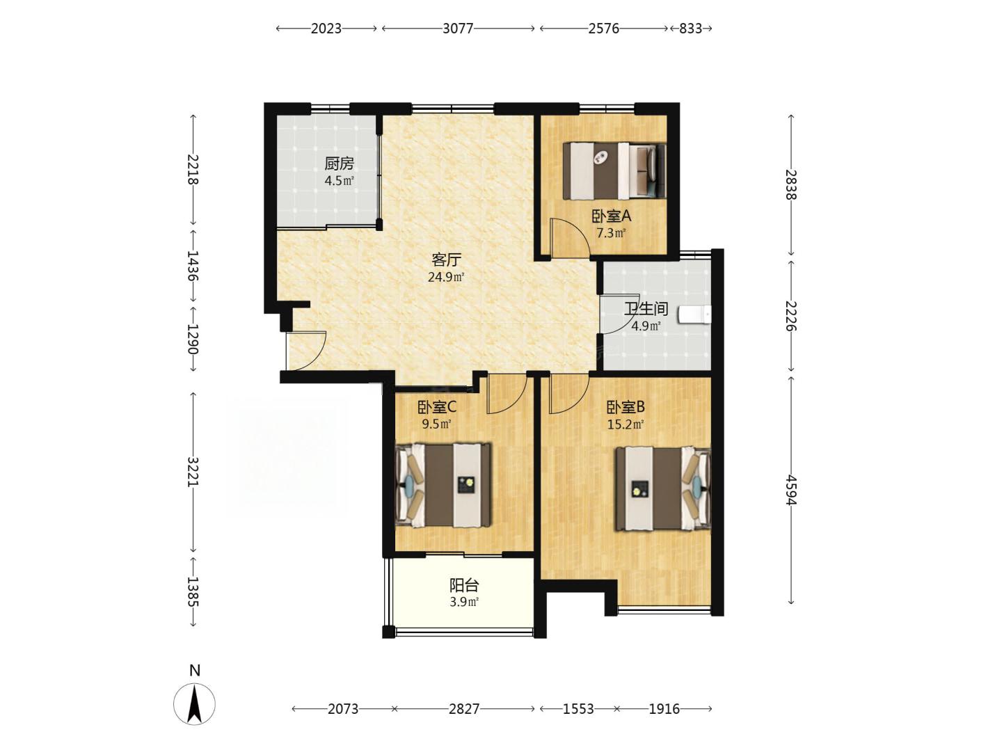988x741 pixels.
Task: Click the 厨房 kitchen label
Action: [339, 164]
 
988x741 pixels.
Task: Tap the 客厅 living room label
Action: [446, 260]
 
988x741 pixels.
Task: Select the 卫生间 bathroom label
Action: [646, 309]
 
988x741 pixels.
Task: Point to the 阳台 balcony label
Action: [463, 585]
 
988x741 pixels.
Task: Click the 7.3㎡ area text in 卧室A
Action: [611, 233]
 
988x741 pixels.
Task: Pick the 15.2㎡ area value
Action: [626, 424]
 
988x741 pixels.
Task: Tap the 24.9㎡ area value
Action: [445, 277]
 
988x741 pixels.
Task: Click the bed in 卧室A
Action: [614, 170]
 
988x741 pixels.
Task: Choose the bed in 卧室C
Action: [443, 485]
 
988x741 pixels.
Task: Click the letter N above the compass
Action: [194, 670]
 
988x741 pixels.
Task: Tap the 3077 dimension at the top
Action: [458, 29]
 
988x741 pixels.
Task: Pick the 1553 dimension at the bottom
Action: [578, 709]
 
